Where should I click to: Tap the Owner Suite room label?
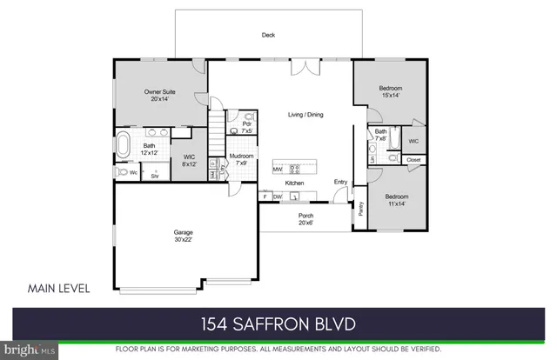[160, 94]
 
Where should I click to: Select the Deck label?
[269, 36]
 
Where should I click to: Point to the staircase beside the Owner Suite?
[217, 131]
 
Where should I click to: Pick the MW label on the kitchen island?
[277, 169]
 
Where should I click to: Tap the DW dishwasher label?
[278, 197]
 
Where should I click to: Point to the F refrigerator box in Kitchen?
[264, 197]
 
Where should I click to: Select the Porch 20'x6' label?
[306, 219]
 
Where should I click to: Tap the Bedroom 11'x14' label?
[397, 200]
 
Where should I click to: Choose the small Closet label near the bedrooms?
[413, 160]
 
